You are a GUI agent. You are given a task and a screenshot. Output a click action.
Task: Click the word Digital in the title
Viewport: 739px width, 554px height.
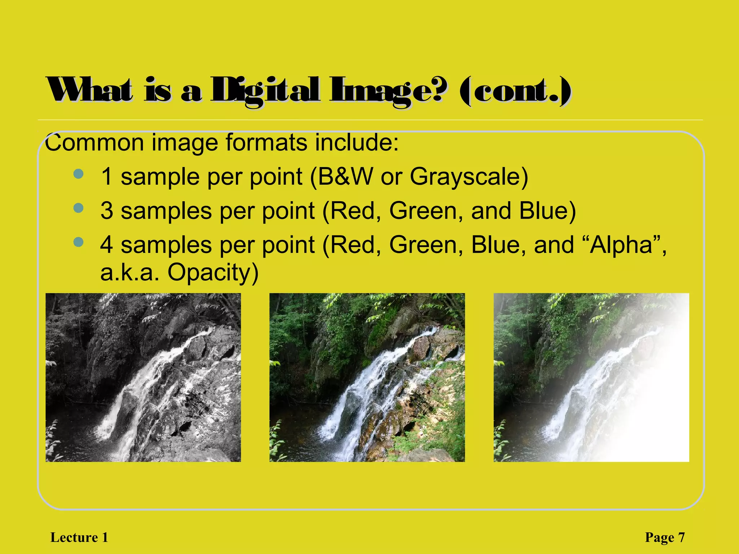point(265,90)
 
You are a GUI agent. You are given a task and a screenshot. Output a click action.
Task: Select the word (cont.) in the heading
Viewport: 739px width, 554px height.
point(516,91)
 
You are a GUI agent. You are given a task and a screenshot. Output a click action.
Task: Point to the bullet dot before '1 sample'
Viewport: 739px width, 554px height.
point(78,174)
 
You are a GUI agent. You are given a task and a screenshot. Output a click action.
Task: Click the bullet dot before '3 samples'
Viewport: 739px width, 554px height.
point(78,208)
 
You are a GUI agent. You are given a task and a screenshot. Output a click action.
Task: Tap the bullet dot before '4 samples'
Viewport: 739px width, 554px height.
point(78,242)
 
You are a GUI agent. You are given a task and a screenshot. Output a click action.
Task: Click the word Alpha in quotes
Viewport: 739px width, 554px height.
point(621,245)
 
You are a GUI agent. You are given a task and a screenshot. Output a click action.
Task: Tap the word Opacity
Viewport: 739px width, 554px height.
point(213,273)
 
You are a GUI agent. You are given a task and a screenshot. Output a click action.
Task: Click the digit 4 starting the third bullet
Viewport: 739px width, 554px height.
point(107,245)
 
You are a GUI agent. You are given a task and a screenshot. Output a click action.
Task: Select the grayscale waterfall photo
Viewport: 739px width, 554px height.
point(143,377)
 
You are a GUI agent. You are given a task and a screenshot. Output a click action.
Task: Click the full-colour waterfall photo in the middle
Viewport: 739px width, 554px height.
point(367,377)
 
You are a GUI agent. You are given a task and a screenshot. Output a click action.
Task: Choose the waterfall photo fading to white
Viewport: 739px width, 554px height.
point(591,377)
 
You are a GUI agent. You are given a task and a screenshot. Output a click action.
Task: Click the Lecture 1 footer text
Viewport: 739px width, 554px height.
point(79,537)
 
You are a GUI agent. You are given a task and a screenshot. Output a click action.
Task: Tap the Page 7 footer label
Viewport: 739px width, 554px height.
point(665,537)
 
